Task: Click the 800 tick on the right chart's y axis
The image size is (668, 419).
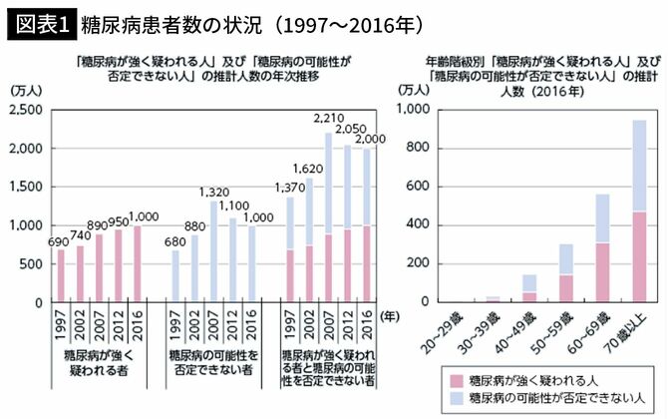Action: (418, 148)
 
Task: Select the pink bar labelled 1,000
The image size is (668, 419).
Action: (136, 263)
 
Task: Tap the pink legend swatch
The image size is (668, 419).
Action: (458, 381)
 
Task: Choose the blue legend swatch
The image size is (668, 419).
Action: (458, 399)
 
